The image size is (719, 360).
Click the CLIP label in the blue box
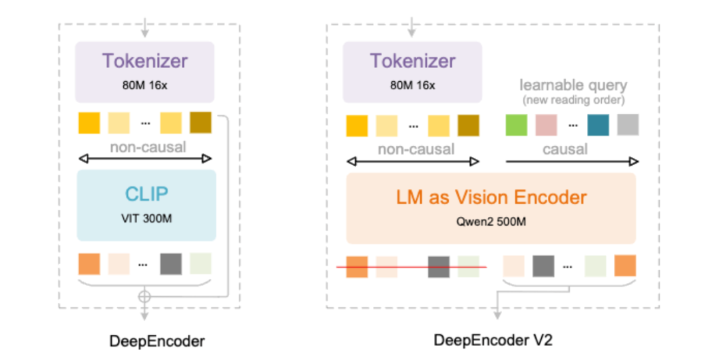[146, 194]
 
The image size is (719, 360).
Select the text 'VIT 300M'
[146, 218]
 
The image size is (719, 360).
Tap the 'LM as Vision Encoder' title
[491, 197]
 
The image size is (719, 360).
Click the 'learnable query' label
[573, 85]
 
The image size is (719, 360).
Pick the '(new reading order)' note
[573, 100]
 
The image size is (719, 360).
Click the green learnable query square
[517, 124]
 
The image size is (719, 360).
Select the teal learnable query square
[597, 124]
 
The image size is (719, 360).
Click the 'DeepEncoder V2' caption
[493, 341]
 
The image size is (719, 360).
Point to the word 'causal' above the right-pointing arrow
[565, 149]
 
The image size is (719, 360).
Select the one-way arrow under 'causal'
[573, 161]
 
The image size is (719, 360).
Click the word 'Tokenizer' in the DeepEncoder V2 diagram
[413, 61]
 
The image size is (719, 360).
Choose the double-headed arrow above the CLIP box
[145, 158]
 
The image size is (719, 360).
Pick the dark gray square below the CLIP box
[171, 264]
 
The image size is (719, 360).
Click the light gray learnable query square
[628, 124]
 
